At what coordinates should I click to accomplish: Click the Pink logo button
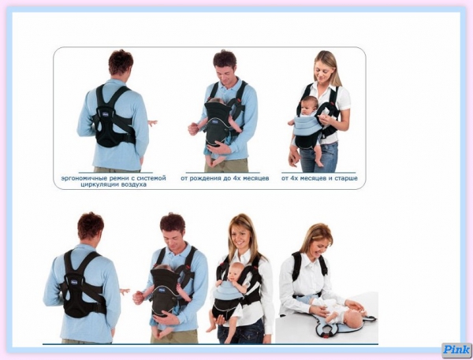[456, 350]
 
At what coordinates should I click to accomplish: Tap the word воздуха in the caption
[134, 184]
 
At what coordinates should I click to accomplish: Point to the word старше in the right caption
[347, 178]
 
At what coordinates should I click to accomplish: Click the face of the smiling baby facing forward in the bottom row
[236, 273]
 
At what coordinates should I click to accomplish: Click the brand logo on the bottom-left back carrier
[74, 282]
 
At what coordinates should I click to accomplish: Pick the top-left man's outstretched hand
[152, 123]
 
